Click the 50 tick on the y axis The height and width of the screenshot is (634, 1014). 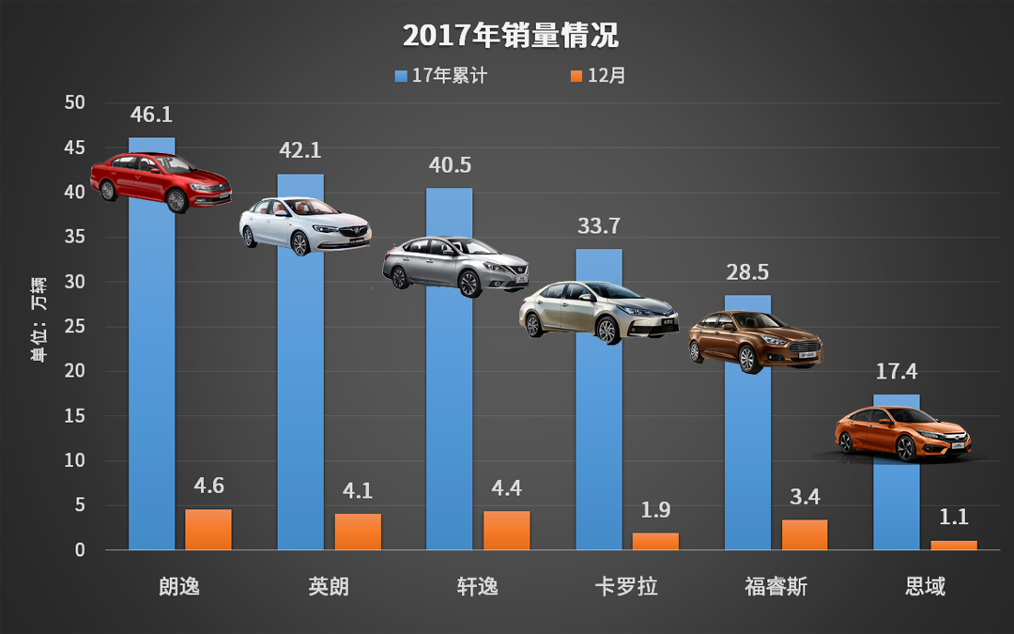pyautogui.click(x=74, y=102)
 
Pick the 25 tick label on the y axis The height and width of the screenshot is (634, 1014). pyautogui.click(x=74, y=327)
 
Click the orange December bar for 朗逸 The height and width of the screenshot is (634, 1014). pyautogui.click(x=207, y=530)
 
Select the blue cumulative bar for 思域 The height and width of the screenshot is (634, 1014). pyautogui.click(x=896, y=507)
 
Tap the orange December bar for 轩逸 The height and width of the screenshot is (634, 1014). pyautogui.click(x=506, y=531)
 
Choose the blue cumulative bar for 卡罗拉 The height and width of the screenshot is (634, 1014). pyautogui.click(x=598, y=441)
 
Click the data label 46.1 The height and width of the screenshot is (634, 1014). pyautogui.click(x=151, y=115)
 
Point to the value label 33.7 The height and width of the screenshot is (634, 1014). pyautogui.click(x=598, y=226)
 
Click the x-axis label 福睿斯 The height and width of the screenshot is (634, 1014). pyautogui.click(x=776, y=587)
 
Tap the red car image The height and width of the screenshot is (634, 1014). pyautogui.click(x=160, y=181)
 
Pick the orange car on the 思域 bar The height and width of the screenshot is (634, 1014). pyautogui.click(x=902, y=434)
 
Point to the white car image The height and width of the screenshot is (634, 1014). pyautogui.click(x=304, y=225)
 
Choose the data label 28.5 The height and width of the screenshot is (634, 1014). pyautogui.click(x=747, y=272)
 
